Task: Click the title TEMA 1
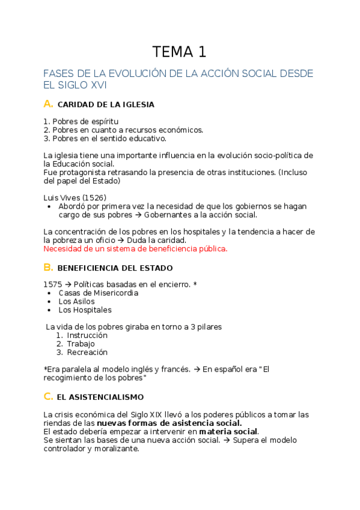click(179, 52)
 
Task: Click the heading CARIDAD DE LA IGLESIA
click(106, 105)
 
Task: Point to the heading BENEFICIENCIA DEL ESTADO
click(115, 268)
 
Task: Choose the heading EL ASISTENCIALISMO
click(101, 397)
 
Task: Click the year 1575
click(52, 284)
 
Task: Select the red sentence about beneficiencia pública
click(136, 248)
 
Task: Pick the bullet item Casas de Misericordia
click(98, 293)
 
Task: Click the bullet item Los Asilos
click(77, 301)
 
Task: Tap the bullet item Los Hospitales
click(85, 310)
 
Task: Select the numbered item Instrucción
click(87, 335)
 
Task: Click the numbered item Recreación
click(87, 352)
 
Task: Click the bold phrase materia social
click(228, 431)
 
